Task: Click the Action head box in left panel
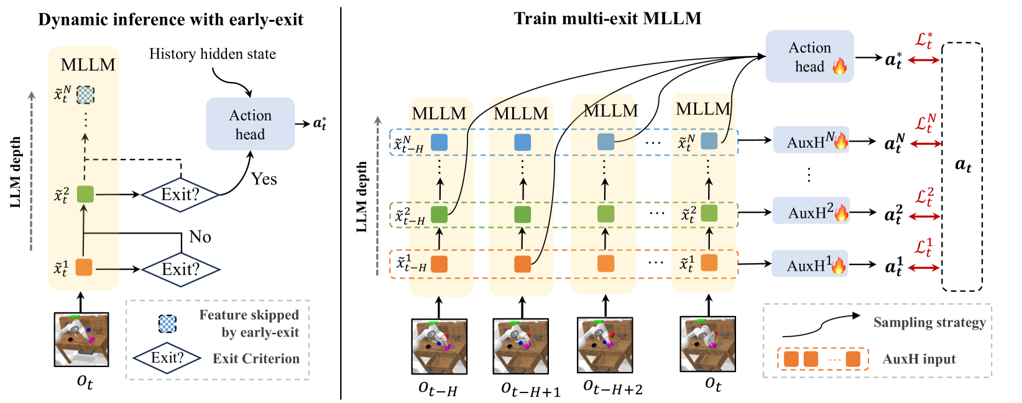pyautogui.click(x=250, y=124)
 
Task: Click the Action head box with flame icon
pyautogui.click(x=809, y=57)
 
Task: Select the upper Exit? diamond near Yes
pyautogui.click(x=180, y=194)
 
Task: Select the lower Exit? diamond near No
pyautogui.click(x=180, y=269)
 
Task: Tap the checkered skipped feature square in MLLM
pyautogui.click(x=85, y=94)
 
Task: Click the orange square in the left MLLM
pyautogui.click(x=84, y=267)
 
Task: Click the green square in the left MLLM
pyautogui.click(x=85, y=194)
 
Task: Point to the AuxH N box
pyautogui.click(x=810, y=141)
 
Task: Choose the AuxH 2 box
pyautogui.click(x=810, y=212)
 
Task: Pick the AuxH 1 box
pyautogui.click(x=809, y=265)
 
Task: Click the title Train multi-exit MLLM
pyautogui.click(x=607, y=18)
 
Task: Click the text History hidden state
pyautogui.click(x=212, y=54)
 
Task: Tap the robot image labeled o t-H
pyautogui.click(x=439, y=346)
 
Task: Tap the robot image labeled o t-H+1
pyautogui.click(x=521, y=346)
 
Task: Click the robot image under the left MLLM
pyautogui.click(x=81, y=340)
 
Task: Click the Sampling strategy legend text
pyautogui.click(x=929, y=322)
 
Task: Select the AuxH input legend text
pyautogui.click(x=919, y=359)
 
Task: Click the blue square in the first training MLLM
pyautogui.click(x=439, y=142)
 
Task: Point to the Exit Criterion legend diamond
pyautogui.click(x=167, y=358)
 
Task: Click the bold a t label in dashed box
pyautogui.click(x=962, y=165)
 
